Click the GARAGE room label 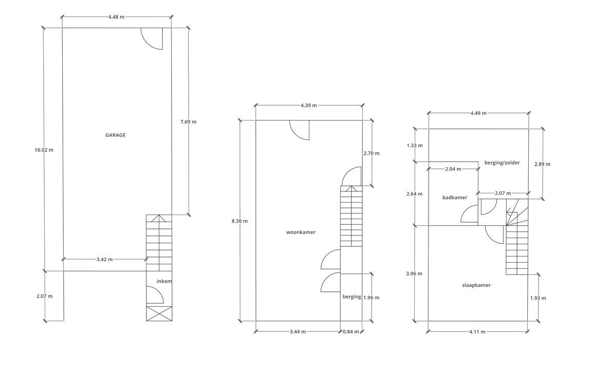click(115, 135)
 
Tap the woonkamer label click(301, 232)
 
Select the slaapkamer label click(476, 285)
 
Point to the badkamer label click(455, 198)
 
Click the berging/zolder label click(502, 163)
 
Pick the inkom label click(164, 281)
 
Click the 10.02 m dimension click(44, 150)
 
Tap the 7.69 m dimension click(188, 122)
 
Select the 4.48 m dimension click(116, 17)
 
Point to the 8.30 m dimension click(240, 221)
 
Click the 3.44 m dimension click(298, 332)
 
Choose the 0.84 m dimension click(351, 332)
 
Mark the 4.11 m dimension click(477, 332)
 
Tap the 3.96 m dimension click(414, 274)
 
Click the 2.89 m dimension click(542, 164)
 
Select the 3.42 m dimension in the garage click(105, 259)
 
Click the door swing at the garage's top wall click(152, 38)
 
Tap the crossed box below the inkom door click(159, 314)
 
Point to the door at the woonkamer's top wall click(300, 130)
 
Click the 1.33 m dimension click(415, 145)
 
